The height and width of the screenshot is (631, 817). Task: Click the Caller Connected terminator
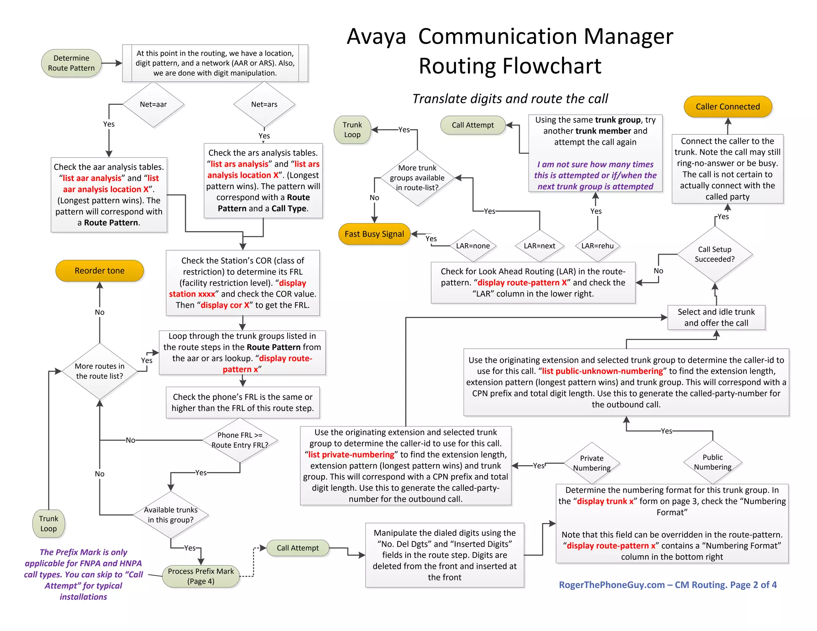728,107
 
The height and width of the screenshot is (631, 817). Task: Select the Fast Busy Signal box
374,234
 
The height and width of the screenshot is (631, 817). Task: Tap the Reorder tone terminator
99,271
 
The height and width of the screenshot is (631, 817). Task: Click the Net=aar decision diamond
153,104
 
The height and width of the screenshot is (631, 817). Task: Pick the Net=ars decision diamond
264,104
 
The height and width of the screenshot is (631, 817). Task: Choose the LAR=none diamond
473,246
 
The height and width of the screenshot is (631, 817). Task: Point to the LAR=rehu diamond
597,246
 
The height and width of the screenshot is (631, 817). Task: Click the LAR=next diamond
539,246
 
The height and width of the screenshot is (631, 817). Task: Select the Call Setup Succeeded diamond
714,254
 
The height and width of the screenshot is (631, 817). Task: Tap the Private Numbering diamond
592,463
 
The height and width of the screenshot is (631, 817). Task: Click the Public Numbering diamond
712,462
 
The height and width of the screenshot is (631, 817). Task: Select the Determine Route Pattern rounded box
71,63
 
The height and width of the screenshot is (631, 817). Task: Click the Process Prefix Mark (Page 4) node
201,576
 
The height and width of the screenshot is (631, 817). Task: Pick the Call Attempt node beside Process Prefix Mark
298,548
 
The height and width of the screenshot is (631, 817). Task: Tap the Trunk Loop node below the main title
352,130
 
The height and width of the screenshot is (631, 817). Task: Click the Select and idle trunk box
716,317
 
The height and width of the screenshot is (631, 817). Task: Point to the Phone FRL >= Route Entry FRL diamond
240,440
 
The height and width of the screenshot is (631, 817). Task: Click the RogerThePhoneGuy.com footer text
667,585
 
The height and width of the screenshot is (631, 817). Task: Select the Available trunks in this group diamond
171,515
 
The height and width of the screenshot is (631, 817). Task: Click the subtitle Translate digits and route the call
510,98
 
